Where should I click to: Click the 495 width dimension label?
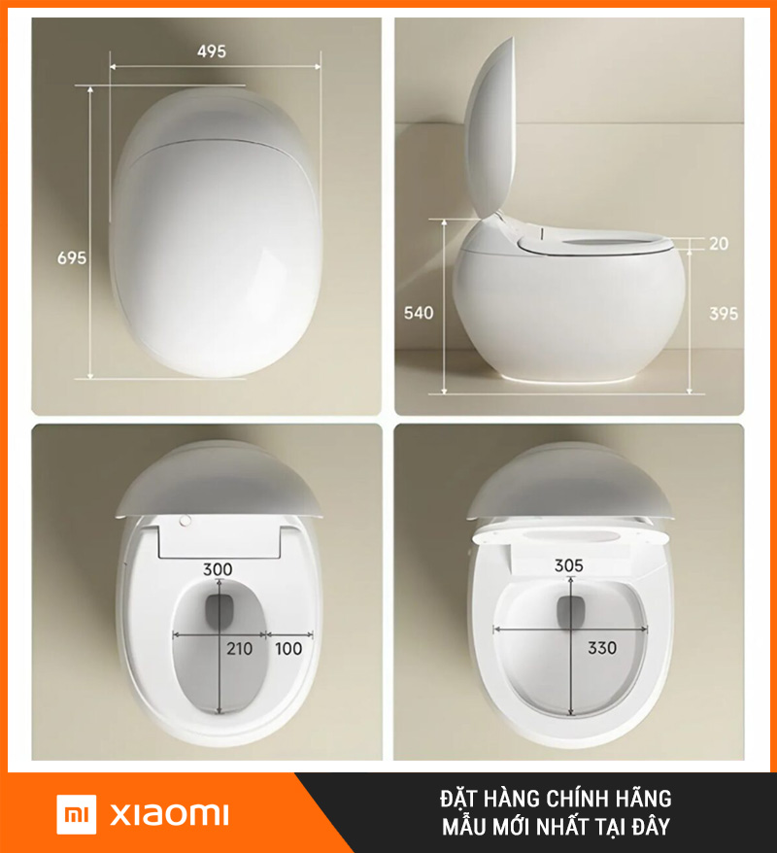coord(211,51)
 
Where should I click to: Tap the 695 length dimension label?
coord(72,257)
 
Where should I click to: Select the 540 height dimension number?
coord(419,313)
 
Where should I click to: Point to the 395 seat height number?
coord(724,314)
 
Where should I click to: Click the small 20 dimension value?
coord(719,244)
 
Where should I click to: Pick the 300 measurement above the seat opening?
coord(218,569)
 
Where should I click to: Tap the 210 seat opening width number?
coord(239,648)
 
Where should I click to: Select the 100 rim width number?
coord(288,648)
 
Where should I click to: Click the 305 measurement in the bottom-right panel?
coord(569,565)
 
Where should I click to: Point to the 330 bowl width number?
coord(602,648)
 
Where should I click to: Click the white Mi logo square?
coord(77,814)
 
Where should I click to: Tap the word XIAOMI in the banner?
coord(169,814)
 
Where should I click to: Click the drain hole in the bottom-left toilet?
coord(220,610)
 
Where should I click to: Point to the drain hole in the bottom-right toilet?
coord(571,611)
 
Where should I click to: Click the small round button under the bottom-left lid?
coord(186,521)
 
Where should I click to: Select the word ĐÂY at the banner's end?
coord(651,827)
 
